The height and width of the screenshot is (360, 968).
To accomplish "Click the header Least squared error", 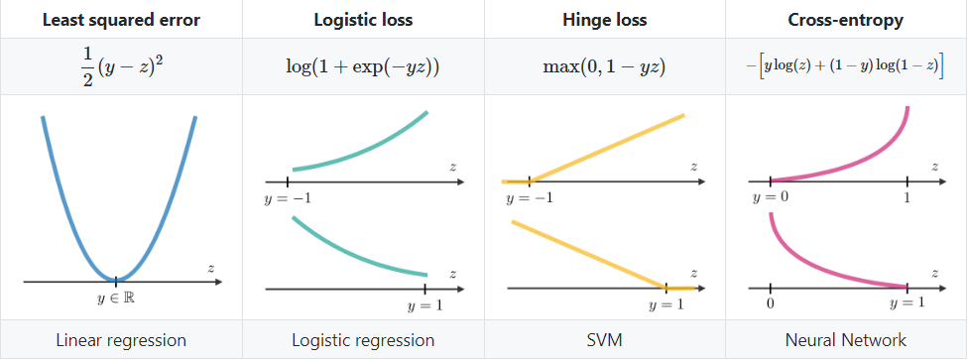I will click(x=121, y=19).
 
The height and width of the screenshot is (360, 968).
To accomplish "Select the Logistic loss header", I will click(x=363, y=19).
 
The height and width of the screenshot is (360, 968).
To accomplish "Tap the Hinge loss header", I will click(x=605, y=19).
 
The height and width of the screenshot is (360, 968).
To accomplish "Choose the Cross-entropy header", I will click(x=846, y=19).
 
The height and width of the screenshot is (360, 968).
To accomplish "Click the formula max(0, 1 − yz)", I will click(x=605, y=66).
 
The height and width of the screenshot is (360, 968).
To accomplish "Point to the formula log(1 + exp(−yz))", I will click(x=363, y=66).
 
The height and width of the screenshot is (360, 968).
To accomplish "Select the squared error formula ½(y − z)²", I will click(x=121, y=65).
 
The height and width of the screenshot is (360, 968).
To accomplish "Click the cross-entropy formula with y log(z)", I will click(x=846, y=66).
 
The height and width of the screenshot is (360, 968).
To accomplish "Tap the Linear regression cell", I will click(x=121, y=340).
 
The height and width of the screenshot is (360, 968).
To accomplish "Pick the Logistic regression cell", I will click(x=363, y=340).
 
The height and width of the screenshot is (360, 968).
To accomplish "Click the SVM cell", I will click(x=605, y=340).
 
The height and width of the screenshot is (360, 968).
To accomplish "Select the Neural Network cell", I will click(x=846, y=340).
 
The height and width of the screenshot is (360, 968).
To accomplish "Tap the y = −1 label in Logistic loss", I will click(x=288, y=199).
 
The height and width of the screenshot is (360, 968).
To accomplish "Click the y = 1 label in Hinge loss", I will click(x=665, y=304).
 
